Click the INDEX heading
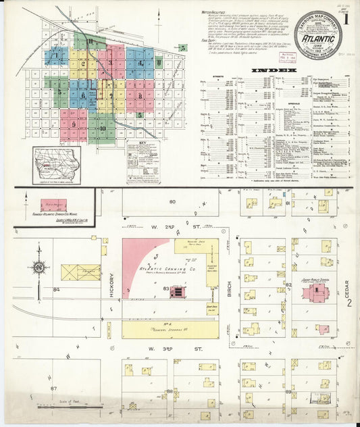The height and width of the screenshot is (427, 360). pyautogui.click(x=273, y=70)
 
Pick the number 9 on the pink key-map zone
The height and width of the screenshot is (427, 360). pyautogui.click(x=73, y=124)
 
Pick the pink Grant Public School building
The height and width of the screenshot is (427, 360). pyautogui.click(x=315, y=292)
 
